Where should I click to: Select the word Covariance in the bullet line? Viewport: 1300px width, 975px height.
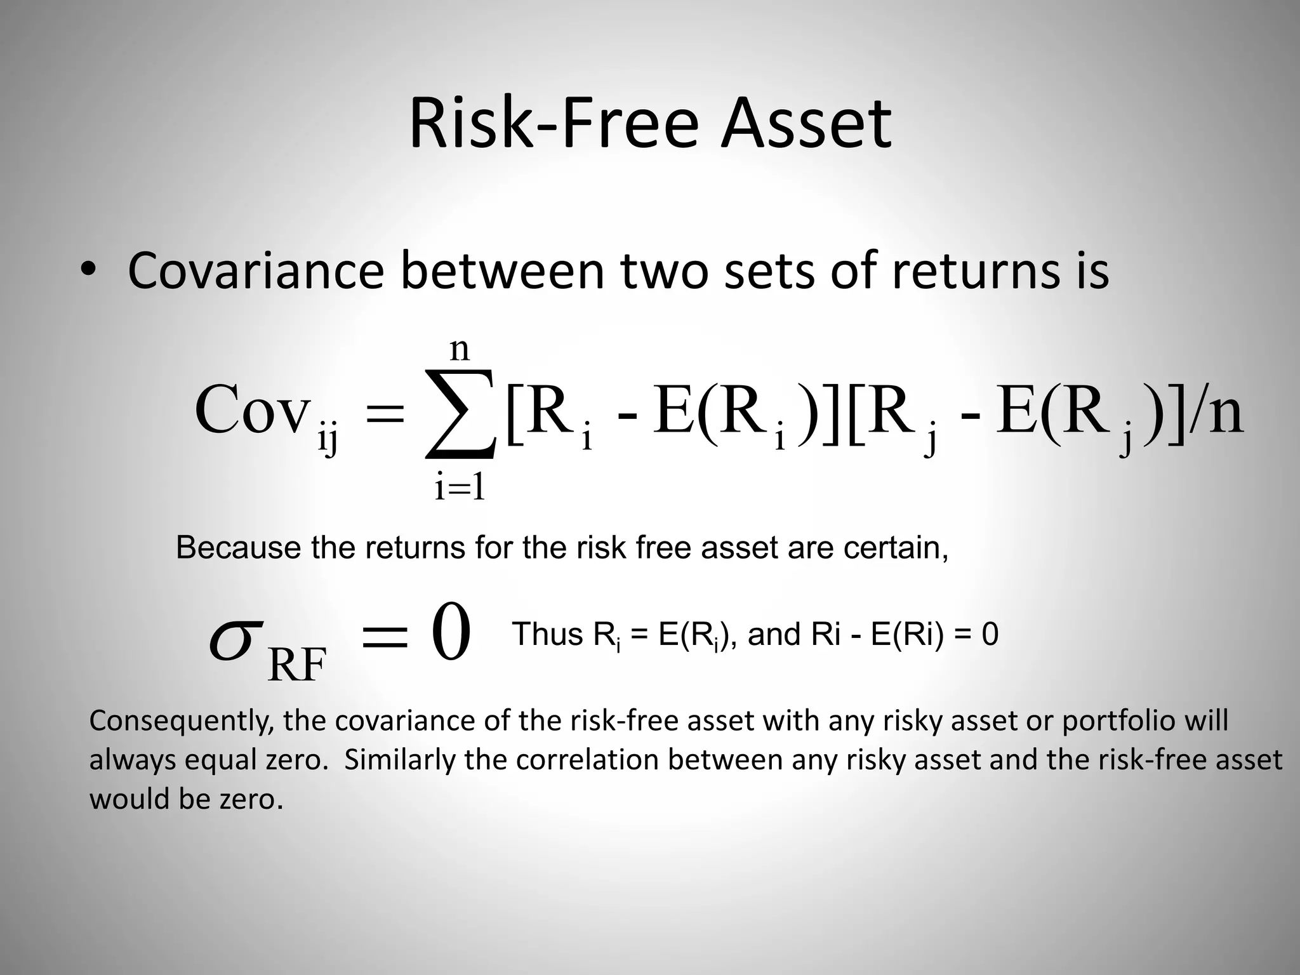256,271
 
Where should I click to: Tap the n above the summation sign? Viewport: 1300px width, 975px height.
460,348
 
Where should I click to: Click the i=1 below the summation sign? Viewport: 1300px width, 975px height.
460,488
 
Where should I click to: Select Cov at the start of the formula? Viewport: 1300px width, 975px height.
252,409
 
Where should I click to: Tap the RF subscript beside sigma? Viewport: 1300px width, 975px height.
297,665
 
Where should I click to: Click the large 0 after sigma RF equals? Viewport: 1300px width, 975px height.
451,633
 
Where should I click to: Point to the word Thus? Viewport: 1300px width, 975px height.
547,634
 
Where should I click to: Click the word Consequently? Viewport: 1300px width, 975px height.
182,721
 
